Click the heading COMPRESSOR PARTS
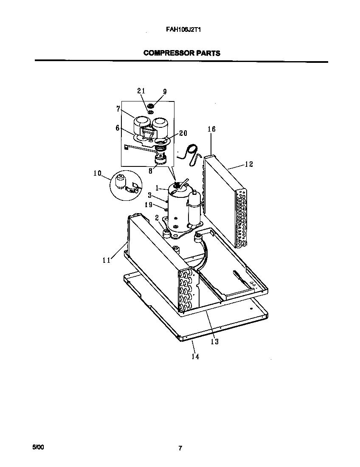[x=182, y=53]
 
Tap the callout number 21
[x=141, y=91]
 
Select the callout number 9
[x=165, y=92]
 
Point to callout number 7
[x=118, y=109]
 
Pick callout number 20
[x=183, y=133]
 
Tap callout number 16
[x=211, y=129]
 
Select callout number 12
[x=249, y=164]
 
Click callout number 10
[x=97, y=173]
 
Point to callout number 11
[x=106, y=260]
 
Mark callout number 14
[x=195, y=357]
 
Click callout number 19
[x=148, y=205]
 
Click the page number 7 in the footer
[x=180, y=448]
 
